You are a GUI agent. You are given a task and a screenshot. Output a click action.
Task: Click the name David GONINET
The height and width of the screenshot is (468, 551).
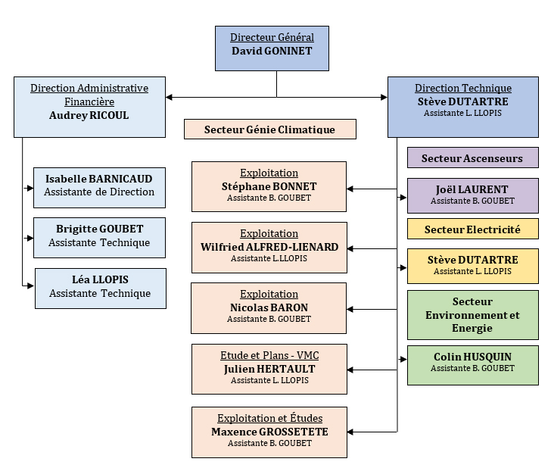tap(272, 51)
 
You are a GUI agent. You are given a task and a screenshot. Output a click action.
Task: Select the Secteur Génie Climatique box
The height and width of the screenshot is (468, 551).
tap(269, 129)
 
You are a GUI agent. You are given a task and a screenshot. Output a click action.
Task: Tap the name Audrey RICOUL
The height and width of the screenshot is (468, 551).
tap(89, 116)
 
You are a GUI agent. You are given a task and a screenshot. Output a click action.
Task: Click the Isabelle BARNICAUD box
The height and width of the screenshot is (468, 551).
tap(99, 186)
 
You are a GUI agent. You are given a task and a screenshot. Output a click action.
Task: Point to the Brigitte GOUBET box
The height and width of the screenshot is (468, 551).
tap(99, 237)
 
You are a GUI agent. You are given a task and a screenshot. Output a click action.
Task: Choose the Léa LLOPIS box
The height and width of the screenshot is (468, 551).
tap(100, 288)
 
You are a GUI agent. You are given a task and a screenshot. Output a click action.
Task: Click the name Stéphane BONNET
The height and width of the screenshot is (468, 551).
tap(269, 186)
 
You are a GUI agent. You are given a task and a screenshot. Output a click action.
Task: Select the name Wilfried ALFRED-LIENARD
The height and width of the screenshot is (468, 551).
tap(269, 247)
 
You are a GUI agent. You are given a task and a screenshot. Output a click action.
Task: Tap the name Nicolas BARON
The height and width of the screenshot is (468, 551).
tap(269, 307)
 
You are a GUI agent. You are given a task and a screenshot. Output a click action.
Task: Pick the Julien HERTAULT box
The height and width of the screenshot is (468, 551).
tap(269, 369)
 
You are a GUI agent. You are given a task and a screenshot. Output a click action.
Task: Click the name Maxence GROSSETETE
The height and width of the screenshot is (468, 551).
tap(269, 432)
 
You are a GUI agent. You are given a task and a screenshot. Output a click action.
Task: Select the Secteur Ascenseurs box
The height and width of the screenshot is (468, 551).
tap(472, 158)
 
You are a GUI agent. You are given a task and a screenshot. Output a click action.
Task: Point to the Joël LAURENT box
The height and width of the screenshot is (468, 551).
tap(472, 195)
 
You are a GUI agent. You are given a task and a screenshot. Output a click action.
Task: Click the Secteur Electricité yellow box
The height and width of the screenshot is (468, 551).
tap(472, 229)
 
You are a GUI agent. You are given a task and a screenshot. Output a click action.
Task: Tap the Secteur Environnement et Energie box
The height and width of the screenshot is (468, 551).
tap(472, 314)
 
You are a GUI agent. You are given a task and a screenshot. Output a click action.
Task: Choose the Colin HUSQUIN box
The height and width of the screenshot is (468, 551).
tap(472, 363)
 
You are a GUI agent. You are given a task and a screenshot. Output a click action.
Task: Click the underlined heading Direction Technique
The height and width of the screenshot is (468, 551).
tap(463, 89)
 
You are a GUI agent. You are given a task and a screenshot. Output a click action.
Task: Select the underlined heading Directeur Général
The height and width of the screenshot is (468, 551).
tap(272, 38)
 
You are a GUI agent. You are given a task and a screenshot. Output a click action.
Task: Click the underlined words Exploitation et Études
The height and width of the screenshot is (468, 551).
tap(269, 419)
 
